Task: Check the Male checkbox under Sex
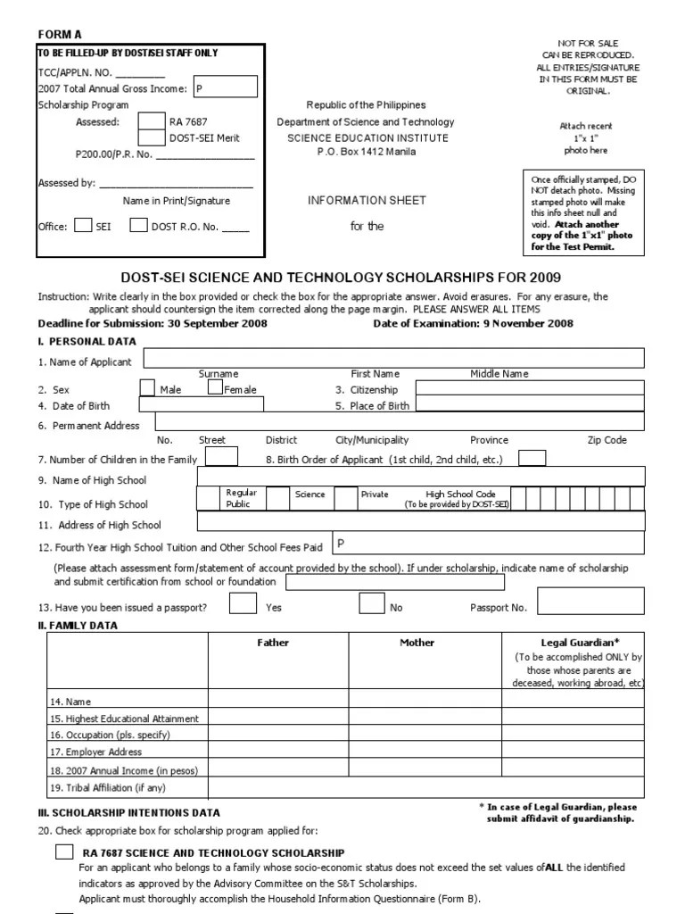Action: pos(147,387)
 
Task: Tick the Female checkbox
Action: pos(215,387)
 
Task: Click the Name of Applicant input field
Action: pos(393,359)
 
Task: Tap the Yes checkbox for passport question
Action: pos(242,604)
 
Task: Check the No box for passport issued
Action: pos(372,604)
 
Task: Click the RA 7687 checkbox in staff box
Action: pos(152,121)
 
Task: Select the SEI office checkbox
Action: pos(82,226)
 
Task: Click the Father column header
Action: pos(273,643)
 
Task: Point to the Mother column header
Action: pos(417,643)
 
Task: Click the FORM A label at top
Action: pos(60,34)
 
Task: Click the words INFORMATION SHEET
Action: pos(367,200)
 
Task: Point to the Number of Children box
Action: pos(222,457)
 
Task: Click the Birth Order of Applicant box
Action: pos(532,458)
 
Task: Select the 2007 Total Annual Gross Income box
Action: pos(225,87)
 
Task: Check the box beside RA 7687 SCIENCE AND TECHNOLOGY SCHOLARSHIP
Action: pos(64,852)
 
